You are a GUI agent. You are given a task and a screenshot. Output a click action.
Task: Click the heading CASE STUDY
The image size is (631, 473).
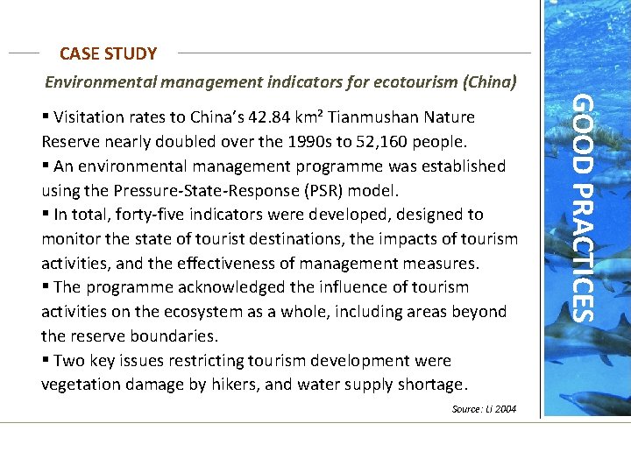109,54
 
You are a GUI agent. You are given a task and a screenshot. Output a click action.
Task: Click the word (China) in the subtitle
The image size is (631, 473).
489,82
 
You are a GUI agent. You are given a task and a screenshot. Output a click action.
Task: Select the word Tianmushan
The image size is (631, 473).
378,117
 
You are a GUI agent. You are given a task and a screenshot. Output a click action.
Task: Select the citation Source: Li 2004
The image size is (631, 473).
484,409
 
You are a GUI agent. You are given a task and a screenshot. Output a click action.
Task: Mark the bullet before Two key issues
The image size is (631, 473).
46,361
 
